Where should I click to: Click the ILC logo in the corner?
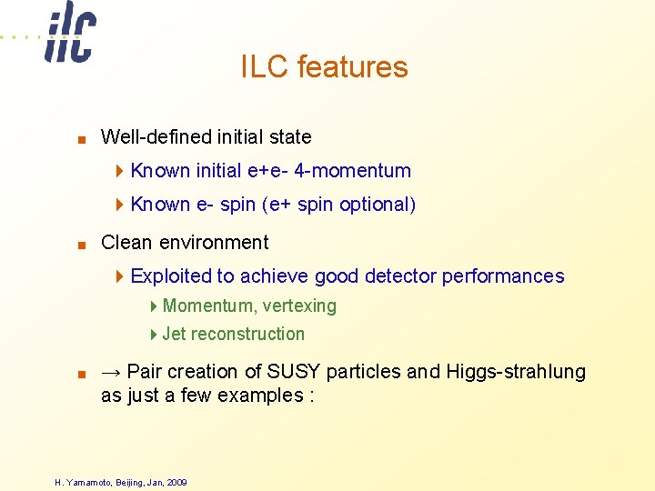(x=70, y=34)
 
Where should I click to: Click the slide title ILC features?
(x=324, y=67)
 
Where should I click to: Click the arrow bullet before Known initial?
(x=122, y=171)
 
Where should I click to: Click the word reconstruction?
(x=247, y=335)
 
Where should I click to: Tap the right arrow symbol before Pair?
(x=111, y=372)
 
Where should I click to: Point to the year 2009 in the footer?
(x=176, y=482)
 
